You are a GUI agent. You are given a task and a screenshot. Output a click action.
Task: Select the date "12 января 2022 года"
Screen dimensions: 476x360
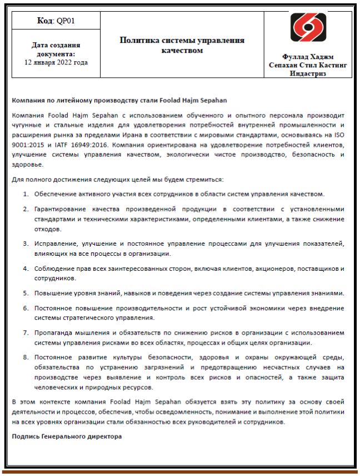pyautogui.click(x=56, y=62)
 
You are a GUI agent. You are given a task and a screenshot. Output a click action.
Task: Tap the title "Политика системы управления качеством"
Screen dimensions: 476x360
pyautogui.click(x=182, y=45)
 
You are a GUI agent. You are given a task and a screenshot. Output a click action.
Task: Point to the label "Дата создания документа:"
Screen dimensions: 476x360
pyautogui.click(x=56, y=49)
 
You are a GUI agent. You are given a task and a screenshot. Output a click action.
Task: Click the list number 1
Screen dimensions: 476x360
pyautogui.click(x=26, y=194)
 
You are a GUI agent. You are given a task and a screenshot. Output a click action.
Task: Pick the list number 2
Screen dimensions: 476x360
pyautogui.click(x=26, y=209)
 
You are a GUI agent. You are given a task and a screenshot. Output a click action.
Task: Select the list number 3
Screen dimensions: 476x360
pyautogui.click(x=26, y=244)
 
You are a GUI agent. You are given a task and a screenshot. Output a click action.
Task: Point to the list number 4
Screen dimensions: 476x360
pyautogui.click(x=26, y=269)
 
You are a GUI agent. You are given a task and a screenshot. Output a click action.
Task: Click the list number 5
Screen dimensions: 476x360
pyautogui.click(x=26, y=293)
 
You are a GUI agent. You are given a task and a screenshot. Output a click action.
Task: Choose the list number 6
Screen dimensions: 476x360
pyautogui.click(x=26, y=308)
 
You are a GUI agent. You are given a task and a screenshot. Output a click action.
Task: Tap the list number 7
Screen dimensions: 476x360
pyautogui.click(x=26, y=333)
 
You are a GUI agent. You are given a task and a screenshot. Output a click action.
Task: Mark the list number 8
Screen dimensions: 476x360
pyautogui.click(x=26, y=357)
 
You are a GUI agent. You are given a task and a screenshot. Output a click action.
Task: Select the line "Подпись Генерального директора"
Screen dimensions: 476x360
pyautogui.click(x=66, y=437)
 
